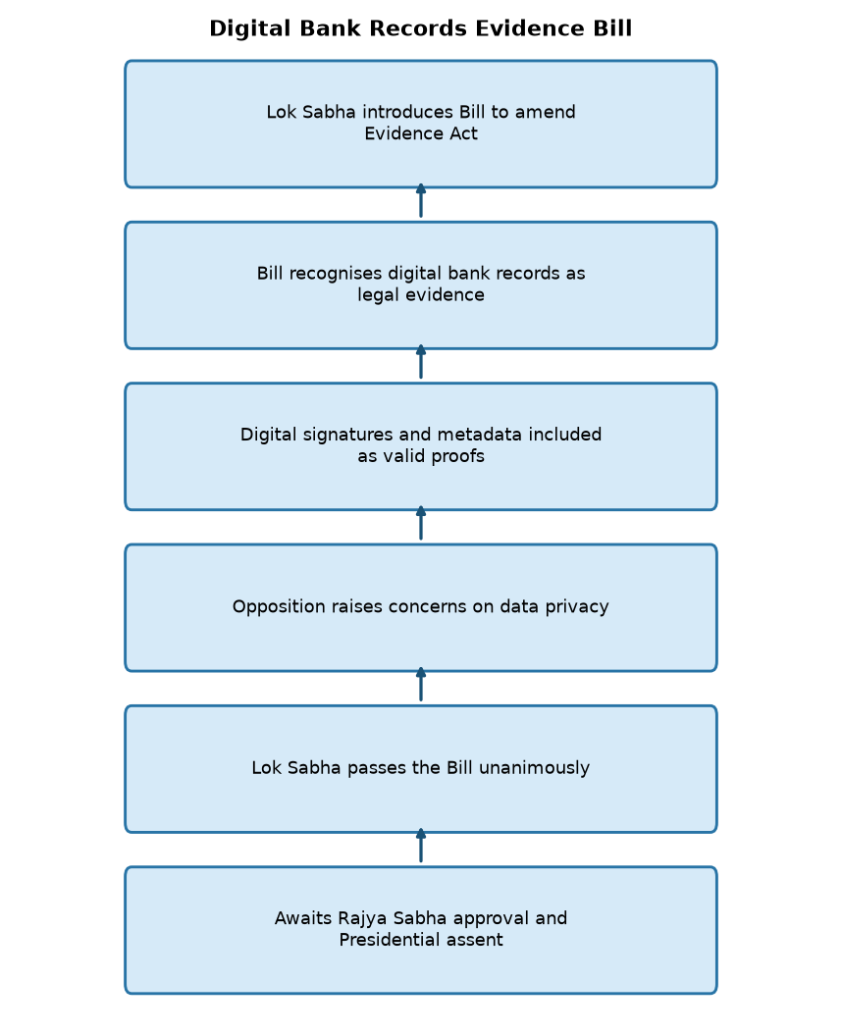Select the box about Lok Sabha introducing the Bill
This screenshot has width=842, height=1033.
[421, 124]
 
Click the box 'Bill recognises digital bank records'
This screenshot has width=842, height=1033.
[421, 285]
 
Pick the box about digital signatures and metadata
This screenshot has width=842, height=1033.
[421, 446]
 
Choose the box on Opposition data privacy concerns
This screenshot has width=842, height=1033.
[421, 608]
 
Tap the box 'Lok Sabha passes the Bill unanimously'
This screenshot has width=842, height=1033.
[421, 769]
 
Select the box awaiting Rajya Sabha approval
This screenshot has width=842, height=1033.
[421, 930]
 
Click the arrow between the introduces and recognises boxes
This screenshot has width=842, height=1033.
[421, 201]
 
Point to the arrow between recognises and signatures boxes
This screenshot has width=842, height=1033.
[421, 362]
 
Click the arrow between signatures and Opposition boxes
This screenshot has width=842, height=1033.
[421, 523]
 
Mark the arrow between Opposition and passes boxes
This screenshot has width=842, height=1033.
[421, 685]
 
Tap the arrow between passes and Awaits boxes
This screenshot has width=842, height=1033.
[421, 846]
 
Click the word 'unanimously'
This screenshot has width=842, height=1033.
[534, 768]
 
